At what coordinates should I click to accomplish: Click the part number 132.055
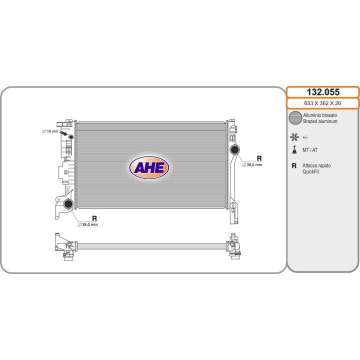point(323,92)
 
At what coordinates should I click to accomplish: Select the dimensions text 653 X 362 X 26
point(322,103)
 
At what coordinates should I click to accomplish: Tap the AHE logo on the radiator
point(149,167)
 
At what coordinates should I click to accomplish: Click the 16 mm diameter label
point(50,131)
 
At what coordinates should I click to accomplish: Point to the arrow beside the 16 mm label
point(63,133)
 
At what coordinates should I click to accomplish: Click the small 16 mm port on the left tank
point(71,137)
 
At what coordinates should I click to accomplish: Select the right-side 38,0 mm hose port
point(234,149)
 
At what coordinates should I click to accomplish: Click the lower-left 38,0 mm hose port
point(68,204)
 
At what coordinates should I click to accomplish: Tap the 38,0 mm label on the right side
point(252,165)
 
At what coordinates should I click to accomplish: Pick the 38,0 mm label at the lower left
point(88,224)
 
